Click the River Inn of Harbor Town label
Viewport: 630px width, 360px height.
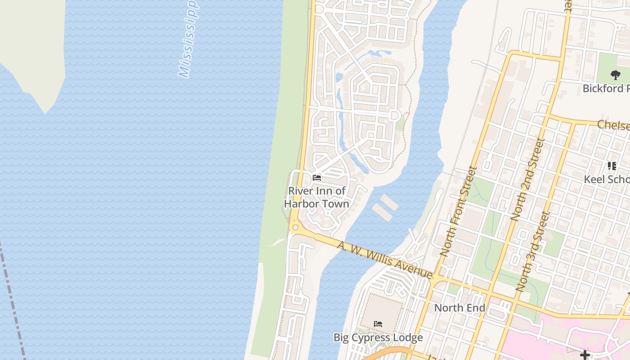point(317,197)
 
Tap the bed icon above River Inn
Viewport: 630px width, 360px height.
point(317,178)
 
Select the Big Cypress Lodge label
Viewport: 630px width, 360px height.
point(378,337)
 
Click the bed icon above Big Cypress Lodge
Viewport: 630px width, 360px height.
point(378,324)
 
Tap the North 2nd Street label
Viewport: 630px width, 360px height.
point(528,179)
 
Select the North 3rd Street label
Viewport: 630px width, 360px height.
point(534,251)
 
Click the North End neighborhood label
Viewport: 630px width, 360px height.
point(459,308)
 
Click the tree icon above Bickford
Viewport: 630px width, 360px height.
point(615,75)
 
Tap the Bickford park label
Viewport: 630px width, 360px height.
point(606,88)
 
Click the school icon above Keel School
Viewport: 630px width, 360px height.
point(612,166)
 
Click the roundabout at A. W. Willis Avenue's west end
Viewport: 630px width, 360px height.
point(295,228)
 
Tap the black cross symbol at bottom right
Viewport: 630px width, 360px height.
point(585,355)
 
